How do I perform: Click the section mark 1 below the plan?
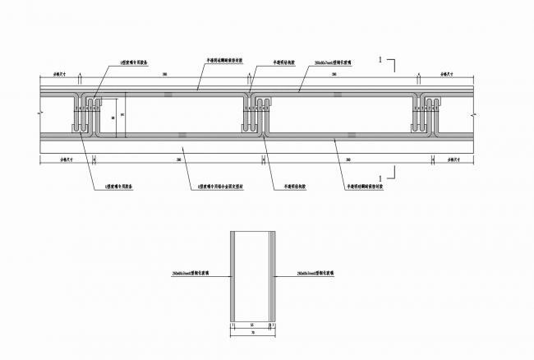[379, 178]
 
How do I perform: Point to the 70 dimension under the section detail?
[251, 334]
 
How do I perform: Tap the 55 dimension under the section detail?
[251, 325]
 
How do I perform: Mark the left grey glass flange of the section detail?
[233, 276]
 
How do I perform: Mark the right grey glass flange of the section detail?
[269, 276]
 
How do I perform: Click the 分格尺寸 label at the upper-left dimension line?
[58, 75]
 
